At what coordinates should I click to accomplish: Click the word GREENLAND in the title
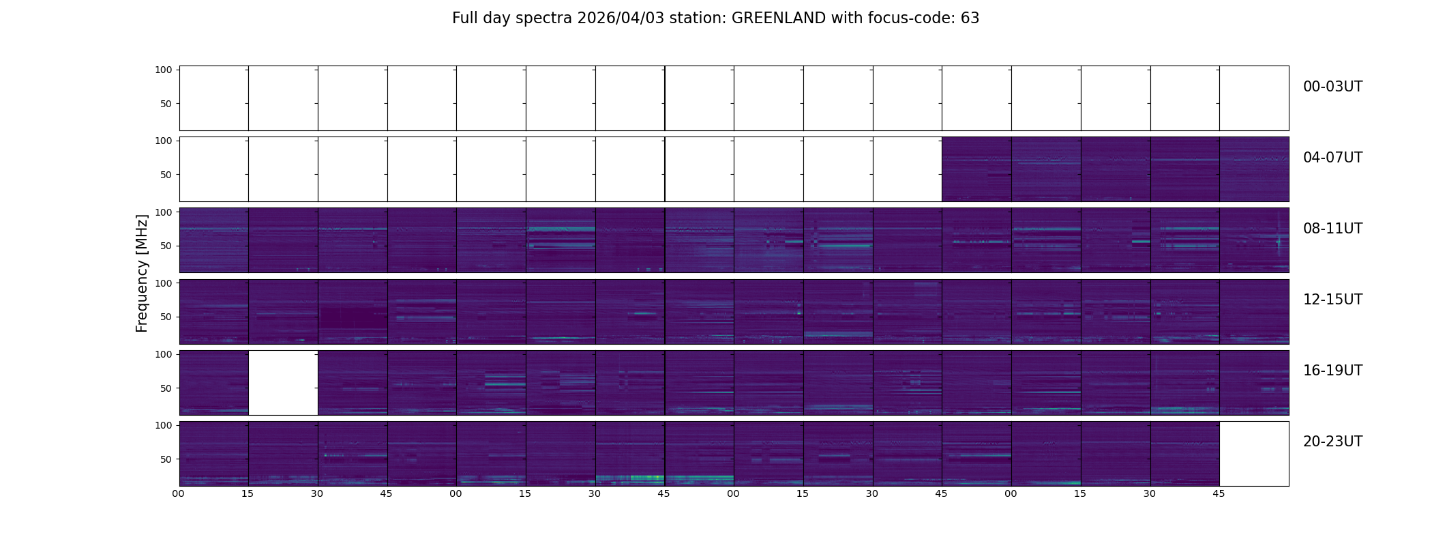coord(779,18)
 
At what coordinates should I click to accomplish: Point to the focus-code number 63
coord(970,18)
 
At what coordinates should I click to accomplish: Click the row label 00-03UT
coord(1332,87)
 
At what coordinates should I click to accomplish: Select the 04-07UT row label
coord(1332,158)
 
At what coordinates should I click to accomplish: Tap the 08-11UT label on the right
coord(1332,229)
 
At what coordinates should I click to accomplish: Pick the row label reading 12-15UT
coord(1332,300)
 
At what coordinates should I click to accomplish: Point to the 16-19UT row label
coord(1332,371)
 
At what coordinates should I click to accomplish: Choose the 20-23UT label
coord(1332,442)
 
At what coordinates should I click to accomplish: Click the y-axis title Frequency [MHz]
coord(142,273)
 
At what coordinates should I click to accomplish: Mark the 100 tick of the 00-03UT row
coord(164,70)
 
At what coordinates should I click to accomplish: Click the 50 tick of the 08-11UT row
coord(166,246)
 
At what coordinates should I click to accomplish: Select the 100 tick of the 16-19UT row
coord(164,354)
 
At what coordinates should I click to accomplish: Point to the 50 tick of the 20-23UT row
coord(166,459)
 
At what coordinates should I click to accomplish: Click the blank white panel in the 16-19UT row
coord(283,383)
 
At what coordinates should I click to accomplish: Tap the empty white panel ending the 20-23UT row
coord(1254,454)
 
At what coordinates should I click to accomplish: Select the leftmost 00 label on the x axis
coord(179,493)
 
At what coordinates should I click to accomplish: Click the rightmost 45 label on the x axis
coord(1219,493)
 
